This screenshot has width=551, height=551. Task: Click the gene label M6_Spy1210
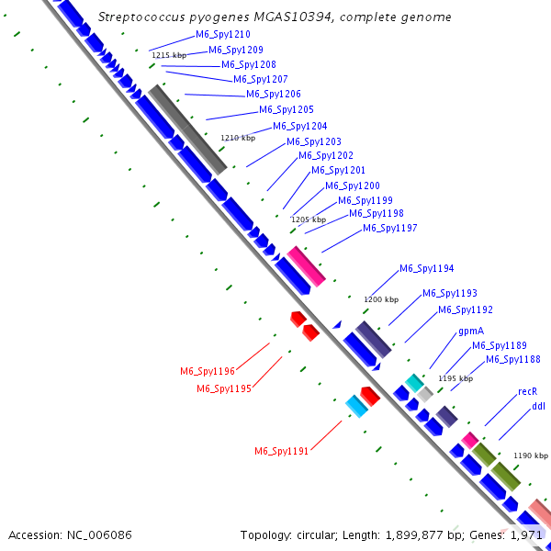pyautogui.click(x=217, y=35)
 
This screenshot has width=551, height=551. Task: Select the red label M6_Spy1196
pyautogui.click(x=208, y=371)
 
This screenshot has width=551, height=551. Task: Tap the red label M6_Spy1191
pyautogui.click(x=282, y=450)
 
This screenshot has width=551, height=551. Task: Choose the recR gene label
pyautogui.click(x=527, y=391)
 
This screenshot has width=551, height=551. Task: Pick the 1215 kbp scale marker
pyautogui.click(x=168, y=56)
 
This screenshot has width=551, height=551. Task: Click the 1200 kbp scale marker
pyautogui.click(x=381, y=299)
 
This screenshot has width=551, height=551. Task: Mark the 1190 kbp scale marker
pyautogui.click(x=531, y=455)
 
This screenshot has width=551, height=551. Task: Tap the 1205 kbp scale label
pyautogui.click(x=308, y=219)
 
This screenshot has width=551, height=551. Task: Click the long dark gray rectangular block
pyautogui.click(x=187, y=129)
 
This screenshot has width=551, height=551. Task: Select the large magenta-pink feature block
pyautogui.click(x=306, y=266)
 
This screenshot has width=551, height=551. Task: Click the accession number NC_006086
pyautogui.click(x=101, y=534)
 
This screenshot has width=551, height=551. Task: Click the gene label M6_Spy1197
pyautogui.click(x=390, y=228)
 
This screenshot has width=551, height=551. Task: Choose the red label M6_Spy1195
pyautogui.click(x=224, y=388)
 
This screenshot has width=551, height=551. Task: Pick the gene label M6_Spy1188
pyautogui.click(x=512, y=359)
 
